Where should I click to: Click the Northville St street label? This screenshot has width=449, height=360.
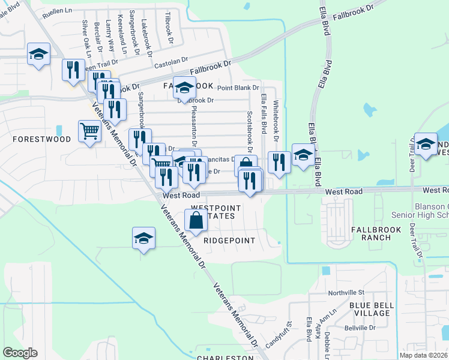[x=346, y=293]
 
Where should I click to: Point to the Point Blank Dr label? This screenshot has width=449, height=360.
[x=238, y=88]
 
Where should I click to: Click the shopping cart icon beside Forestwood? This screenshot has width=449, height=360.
[x=89, y=130]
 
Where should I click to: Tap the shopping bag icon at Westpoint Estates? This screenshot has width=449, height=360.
[x=196, y=220]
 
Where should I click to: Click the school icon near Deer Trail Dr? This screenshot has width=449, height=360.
[x=426, y=144]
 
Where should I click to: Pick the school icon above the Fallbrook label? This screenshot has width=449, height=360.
[x=184, y=87]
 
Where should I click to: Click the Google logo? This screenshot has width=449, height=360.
[x=20, y=353]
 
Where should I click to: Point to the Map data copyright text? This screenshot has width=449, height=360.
[x=423, y=355]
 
